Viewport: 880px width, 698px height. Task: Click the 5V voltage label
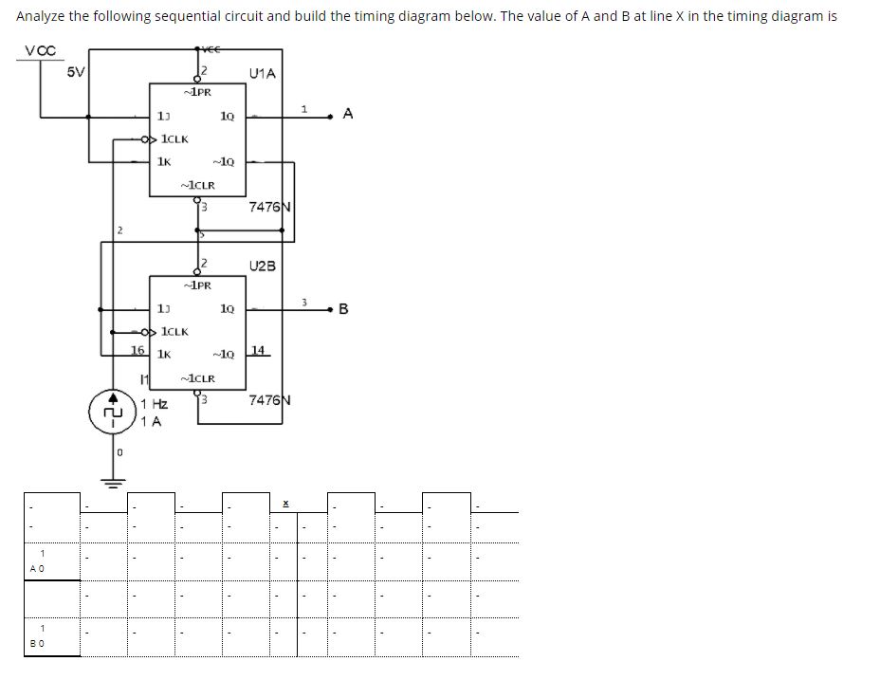coord(76,71)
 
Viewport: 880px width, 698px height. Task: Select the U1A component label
coord(262,72)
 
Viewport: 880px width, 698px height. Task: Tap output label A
coord(348,114)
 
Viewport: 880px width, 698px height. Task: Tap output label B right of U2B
coord(343,308)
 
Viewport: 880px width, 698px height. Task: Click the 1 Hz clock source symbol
coord(114,413)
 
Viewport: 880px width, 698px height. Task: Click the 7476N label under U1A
coord(269,208)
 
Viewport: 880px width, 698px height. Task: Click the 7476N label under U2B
coord(269,400)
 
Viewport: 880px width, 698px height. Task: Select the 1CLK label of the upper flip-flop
coord(174,139)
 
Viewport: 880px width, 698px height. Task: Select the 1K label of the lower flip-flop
coord(164,354)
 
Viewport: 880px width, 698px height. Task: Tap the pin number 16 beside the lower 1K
coord(137,350)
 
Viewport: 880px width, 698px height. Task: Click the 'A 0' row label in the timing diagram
coord(36,568)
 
